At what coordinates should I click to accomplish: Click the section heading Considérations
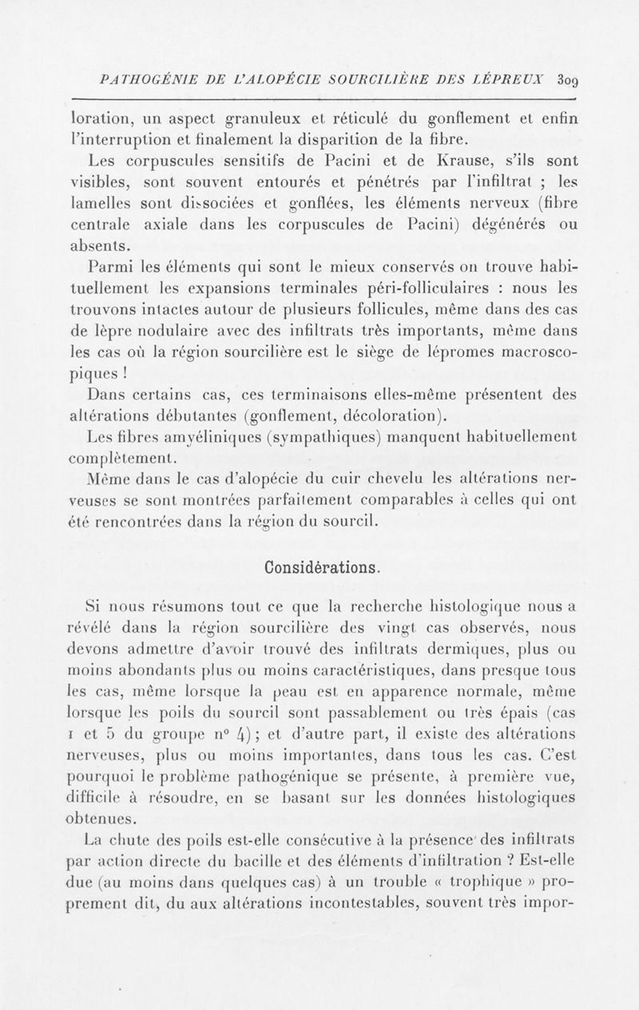pos(319,568)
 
